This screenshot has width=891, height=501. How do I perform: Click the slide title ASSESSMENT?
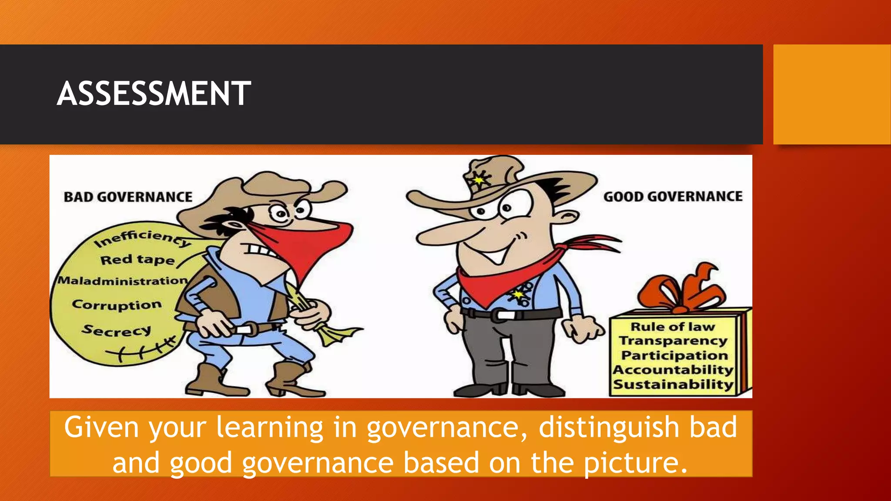tap(154, 94)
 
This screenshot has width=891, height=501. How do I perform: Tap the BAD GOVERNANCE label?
tap(128, 197)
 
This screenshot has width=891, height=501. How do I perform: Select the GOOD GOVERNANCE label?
tap(673, 197)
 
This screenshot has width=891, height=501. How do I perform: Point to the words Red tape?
tap(137, 260)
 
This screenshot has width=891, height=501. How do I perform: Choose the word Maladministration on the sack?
tap(123, 281)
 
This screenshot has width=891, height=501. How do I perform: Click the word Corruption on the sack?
tap(117, 304)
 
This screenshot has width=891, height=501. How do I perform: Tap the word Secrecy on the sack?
tap(117, 331)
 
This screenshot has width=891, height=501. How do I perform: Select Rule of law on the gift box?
tap(673, 327)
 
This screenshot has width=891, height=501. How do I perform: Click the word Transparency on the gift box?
tap(673, 341)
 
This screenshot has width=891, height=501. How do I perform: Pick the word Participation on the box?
tap(674, 355)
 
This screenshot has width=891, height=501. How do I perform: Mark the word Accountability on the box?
tap(673, 370)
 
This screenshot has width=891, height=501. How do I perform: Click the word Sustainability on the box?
tap(673, 384)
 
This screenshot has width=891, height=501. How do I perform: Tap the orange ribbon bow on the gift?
tap(681, 289)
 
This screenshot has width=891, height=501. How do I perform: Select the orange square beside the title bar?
tap(832, 94)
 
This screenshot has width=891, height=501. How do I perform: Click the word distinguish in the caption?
tap(609, 427)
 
